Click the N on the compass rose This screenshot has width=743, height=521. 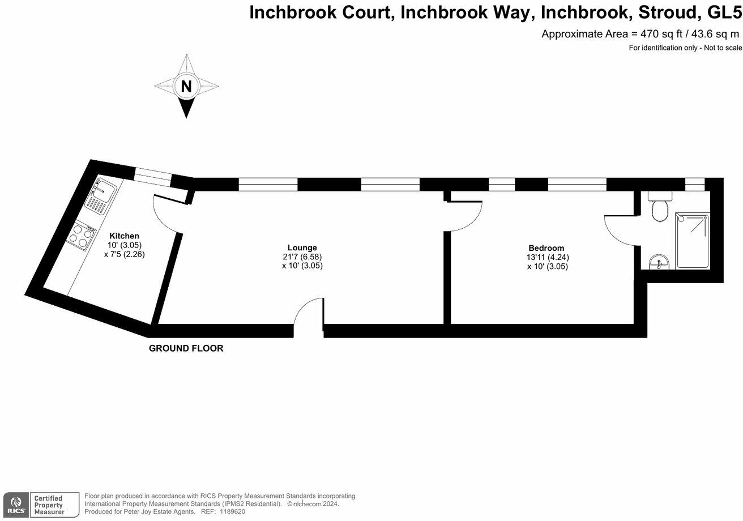[x=186, y=87]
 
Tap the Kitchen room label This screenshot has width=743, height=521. [x=124, y=236]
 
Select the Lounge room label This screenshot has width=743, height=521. [x=302, y=247]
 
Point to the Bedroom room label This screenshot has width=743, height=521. [x=546, y=248]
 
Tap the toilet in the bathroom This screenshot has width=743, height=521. [x=660, y=210]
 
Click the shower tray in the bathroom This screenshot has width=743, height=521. [x=692, y=241]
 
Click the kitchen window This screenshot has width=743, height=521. [x=152, y=176]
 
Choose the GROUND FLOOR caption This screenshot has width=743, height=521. [x=186, y=348]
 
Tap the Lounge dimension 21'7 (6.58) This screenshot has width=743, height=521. [x=302, y=257]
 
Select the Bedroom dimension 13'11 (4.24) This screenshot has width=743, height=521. [x=547, y=257]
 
